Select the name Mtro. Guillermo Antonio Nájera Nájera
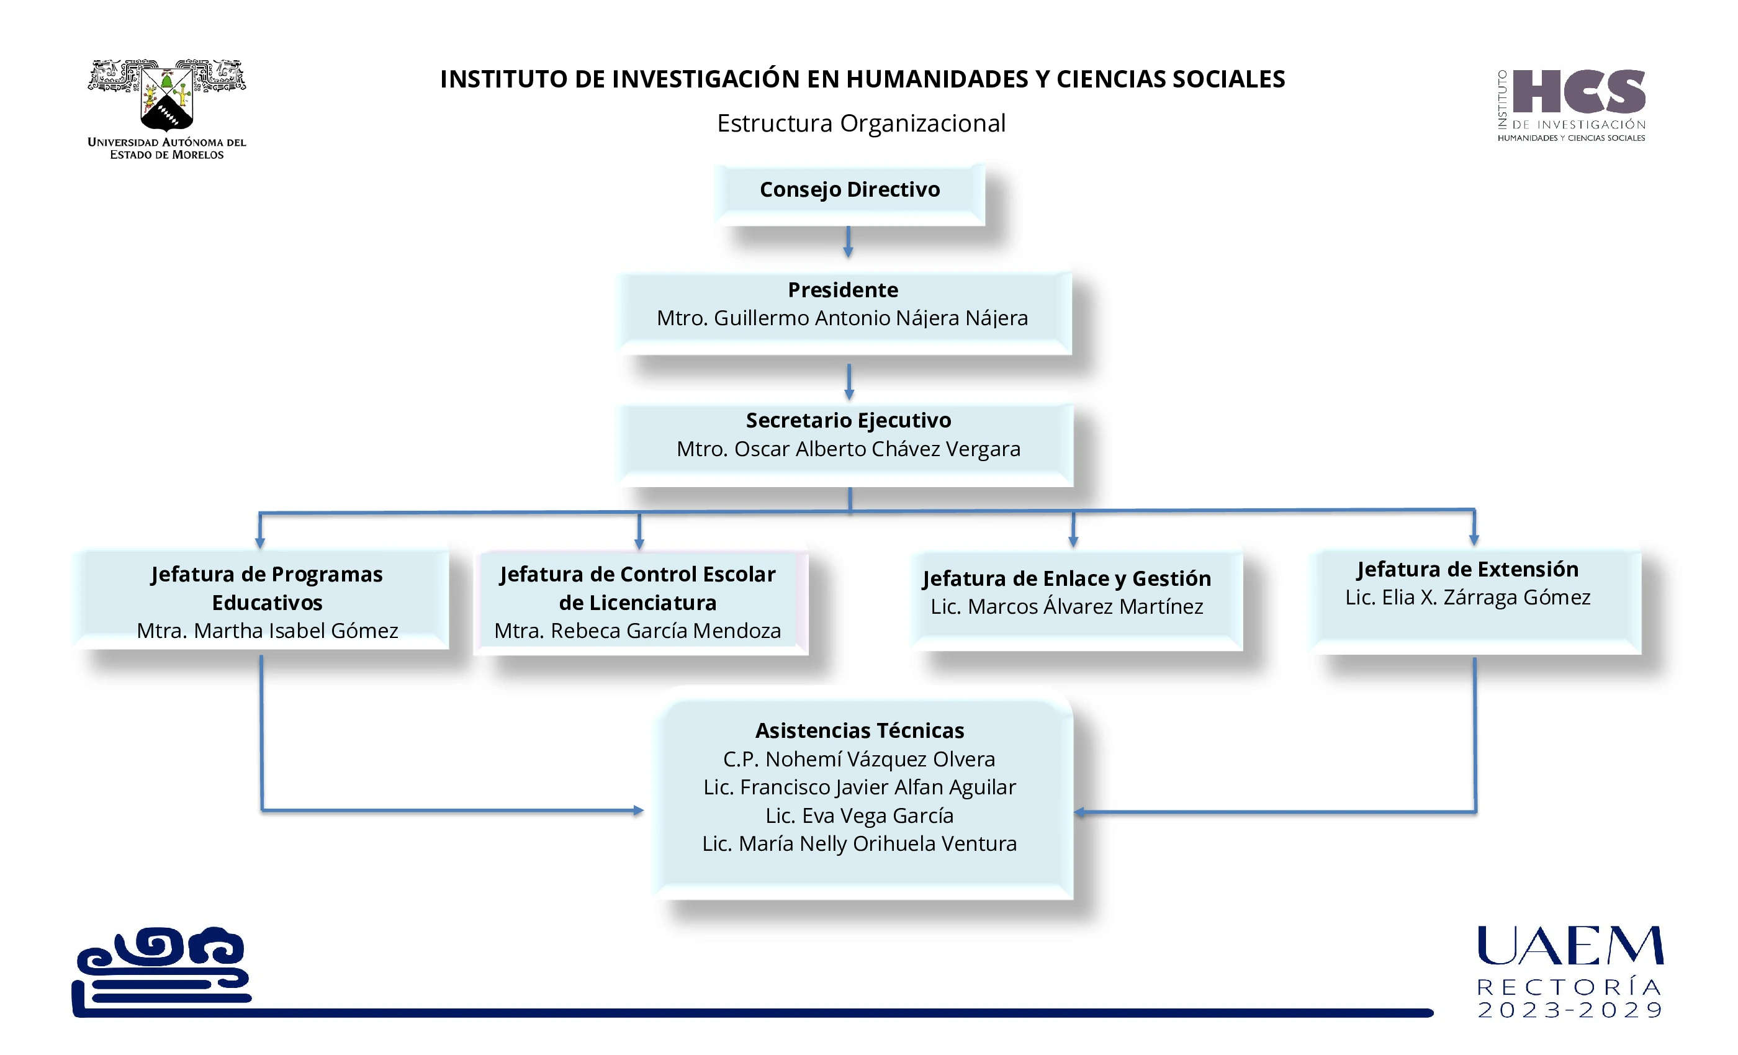842,318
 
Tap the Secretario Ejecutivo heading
848,420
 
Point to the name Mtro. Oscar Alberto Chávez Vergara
848,449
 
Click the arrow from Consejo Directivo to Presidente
848,242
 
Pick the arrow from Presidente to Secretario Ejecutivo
849,382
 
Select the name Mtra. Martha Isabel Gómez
268,631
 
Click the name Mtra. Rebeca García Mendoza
637,631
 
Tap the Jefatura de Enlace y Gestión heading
1066,578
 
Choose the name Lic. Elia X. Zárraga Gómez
1467,597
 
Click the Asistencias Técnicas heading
859,730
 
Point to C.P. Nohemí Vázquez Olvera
858,759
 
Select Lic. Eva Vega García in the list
859,815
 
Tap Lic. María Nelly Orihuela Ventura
859,843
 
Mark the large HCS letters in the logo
1578,92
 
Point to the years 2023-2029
1570,1010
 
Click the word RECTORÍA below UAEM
1570,987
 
